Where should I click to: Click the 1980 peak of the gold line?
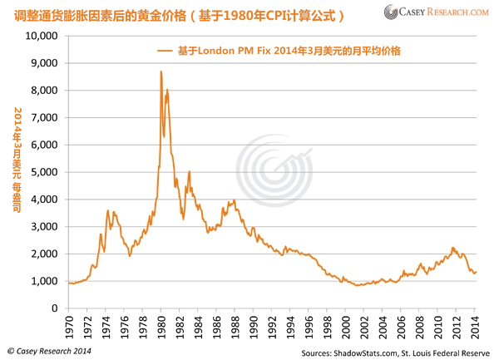[161, 72]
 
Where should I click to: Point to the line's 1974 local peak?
[108, 211]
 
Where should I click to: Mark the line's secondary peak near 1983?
[190, 172]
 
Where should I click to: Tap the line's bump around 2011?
[452, 248]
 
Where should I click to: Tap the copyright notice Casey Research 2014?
[50, 352]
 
